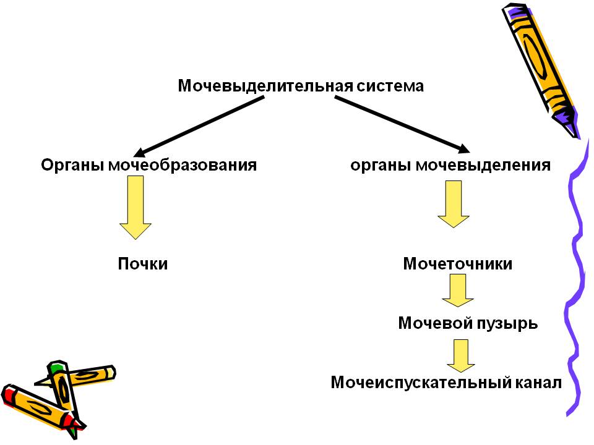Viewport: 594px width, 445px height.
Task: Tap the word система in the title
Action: coord(389,86)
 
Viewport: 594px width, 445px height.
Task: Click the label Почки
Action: coord(143,264)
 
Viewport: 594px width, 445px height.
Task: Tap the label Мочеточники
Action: coord(458,264)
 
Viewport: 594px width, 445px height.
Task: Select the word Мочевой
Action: coord(431,323)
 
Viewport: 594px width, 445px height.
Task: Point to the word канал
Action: coord(538,383)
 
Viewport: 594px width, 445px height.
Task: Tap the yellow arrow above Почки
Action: coord(135,207)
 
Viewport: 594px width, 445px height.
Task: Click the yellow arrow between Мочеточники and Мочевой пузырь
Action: coord(457,290)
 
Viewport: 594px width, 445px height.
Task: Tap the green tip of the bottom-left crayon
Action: coord(56,368)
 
